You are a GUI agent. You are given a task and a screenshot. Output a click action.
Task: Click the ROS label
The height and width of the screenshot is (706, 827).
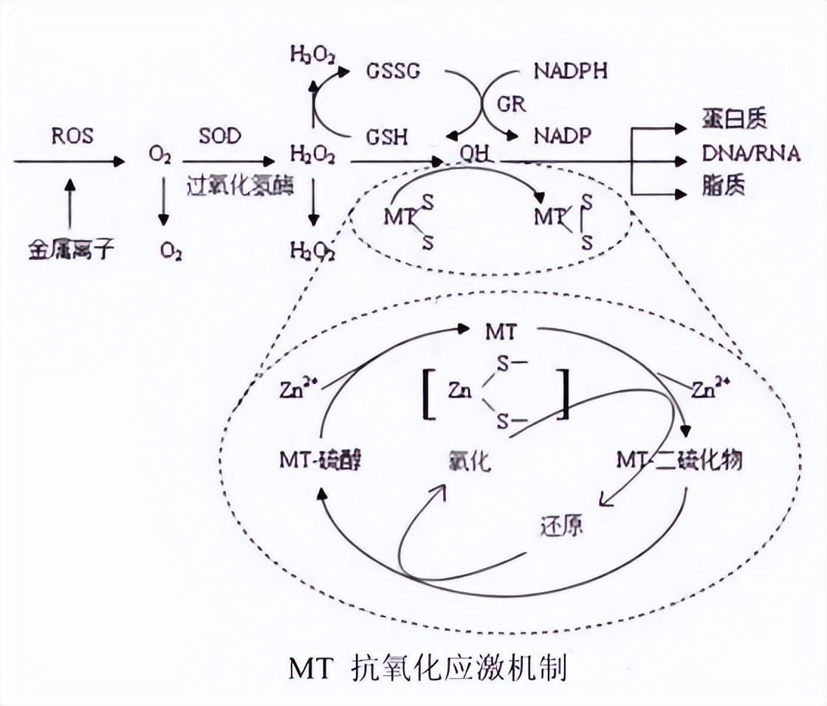pyautogui.click(x=72, y=136)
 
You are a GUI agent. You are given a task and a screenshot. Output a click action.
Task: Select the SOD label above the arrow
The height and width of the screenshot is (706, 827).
pyautogui.click(x=219, y=136)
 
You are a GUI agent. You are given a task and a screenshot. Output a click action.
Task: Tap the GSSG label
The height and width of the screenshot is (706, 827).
pyautogui.click(x=394, y=72)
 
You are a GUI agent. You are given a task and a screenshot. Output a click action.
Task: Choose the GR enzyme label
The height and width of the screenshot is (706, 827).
pyautogui.click(x=512, y=103)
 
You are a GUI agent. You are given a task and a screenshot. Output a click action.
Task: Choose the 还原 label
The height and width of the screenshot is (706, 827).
pyautogui.click(x=560, y=526)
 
